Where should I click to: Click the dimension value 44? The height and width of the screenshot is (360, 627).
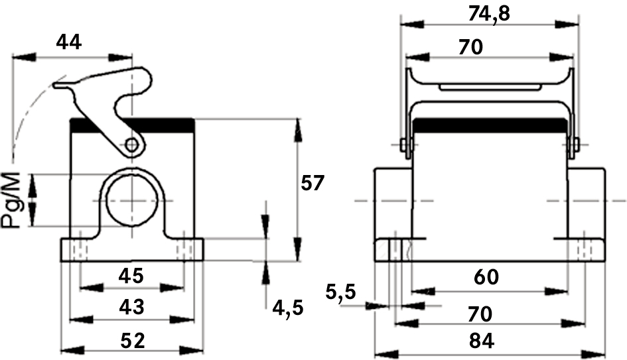pyautogui.click(x=68, y=42)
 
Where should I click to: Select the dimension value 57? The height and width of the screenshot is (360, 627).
pyautogui.click(x=313, y=182)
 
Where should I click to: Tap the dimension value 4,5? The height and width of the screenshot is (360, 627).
pyautogui.click(x=288, y=308)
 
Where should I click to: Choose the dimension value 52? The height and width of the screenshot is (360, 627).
pyautogui.click(x=133, y=341)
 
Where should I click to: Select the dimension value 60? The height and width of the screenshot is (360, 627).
pyautogui.click(x=486, y=277)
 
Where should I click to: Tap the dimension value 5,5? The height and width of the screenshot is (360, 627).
pyautogui.click(x=342, y=292)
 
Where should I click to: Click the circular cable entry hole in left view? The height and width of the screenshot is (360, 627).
pyautogui.click(x=132, y=199)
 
